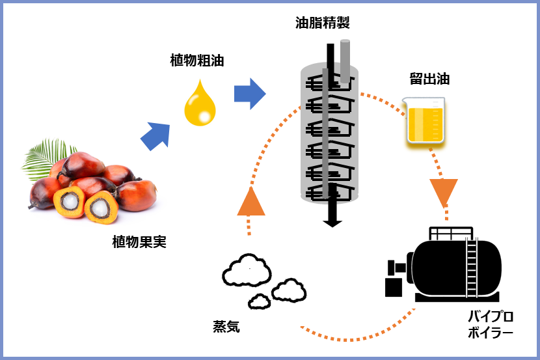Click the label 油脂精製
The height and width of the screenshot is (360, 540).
point(322,23)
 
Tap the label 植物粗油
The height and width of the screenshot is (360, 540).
point(197,61)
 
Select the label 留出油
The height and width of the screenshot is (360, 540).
point(429,79)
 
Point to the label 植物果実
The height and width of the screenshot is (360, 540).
point(139,242)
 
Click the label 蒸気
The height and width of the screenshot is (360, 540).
point(226,326)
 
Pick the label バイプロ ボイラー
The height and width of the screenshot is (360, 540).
point(491,324)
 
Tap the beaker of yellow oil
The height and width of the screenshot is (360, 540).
point(425,120)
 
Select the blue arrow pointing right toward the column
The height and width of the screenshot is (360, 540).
point(250,94)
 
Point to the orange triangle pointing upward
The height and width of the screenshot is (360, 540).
point(251,203)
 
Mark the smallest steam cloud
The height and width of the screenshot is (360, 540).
point(260,301)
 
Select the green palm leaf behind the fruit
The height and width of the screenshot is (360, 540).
point(46,158)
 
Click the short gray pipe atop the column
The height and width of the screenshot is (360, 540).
point(345,61)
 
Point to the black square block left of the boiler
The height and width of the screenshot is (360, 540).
point(394,287)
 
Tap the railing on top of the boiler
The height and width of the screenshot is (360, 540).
point(451,234)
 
